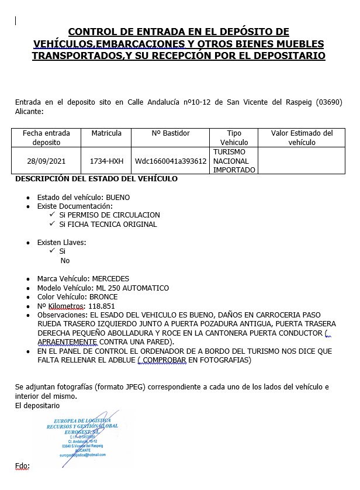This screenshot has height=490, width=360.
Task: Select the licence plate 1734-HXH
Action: (x=106, y=161)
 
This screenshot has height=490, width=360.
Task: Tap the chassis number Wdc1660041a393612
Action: (x=170, y=161)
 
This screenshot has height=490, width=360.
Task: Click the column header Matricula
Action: (x=106, y=133)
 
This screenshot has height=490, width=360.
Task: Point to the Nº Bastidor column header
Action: (x=170, y=133)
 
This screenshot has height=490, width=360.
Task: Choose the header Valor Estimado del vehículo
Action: (x=302, y=137)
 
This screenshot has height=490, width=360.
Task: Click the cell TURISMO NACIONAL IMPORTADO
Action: (x=234, y=161)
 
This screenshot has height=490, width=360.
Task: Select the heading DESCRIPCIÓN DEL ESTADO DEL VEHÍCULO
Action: (x=96, y=179)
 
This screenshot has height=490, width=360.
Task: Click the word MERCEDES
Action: (x=109, y=279)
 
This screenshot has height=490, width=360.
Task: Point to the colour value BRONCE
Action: (x=104, y=297)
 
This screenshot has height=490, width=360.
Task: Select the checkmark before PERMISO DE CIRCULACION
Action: (x=53, y=215)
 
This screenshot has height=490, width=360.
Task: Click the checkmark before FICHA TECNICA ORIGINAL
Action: (x=53, y=224)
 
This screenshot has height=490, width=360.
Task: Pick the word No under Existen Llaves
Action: (x=65, y=261)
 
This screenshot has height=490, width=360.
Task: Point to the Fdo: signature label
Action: (x=22, y=465)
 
